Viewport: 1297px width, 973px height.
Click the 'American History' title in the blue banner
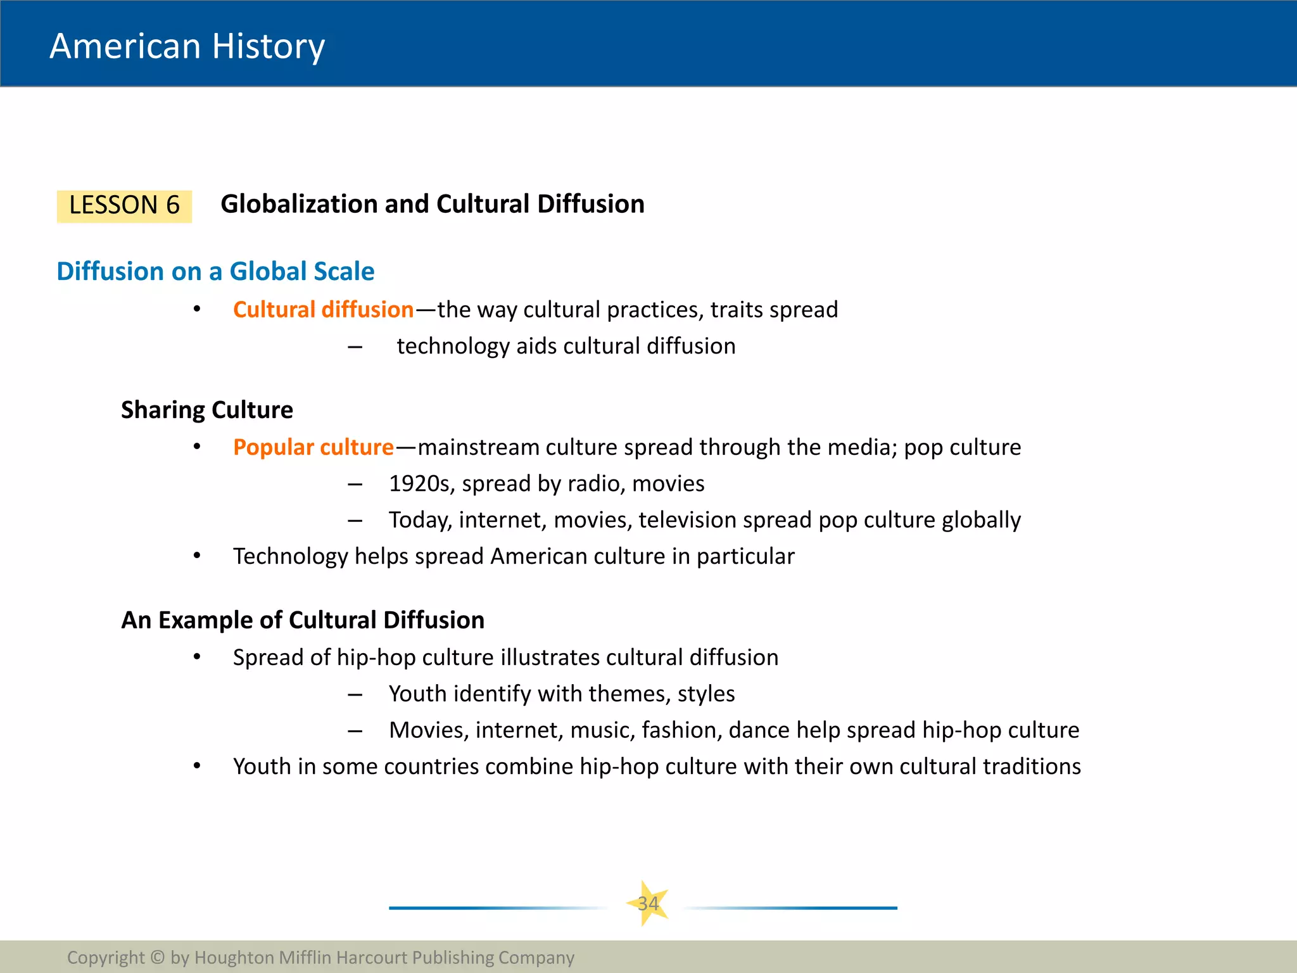[x=187, y=46]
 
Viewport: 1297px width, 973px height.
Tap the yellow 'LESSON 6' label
[x=124, y=205]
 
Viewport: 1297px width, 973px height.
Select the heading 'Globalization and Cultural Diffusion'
[x=433, y=204]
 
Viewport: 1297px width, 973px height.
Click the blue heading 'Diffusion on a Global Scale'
[x=215, y=271]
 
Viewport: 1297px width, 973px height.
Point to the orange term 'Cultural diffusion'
[x=323, y=310]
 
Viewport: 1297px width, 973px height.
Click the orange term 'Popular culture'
[x=313, y=447]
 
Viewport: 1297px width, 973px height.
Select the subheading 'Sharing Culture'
[x=207, y=410]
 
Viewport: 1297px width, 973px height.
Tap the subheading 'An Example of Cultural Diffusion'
[x=303, y=620]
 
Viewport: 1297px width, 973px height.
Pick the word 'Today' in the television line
[x=420, y=520]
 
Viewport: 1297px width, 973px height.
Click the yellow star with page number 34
[x=648, y=903]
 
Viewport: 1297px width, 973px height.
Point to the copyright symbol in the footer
[x=158, y=957]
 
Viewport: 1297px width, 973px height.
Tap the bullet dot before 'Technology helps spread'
[x=197, y=556]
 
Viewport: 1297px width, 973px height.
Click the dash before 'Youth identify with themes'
[x=355, y=695]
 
